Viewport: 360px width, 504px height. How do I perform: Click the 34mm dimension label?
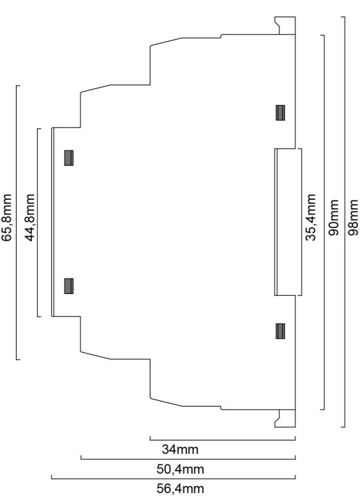coord(180,449)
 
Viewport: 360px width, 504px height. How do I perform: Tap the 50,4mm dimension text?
coord(180,469)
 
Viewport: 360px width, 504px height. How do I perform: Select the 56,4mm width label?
coord(180,489)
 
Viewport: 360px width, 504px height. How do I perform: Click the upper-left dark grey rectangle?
coord(69,158)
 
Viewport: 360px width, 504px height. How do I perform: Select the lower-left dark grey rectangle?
coord(69,286)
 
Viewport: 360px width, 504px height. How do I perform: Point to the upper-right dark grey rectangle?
coord(281,113)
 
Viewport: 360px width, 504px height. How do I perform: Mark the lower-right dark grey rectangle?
coord(281,331)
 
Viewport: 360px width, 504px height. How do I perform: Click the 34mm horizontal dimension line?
coord(222,440)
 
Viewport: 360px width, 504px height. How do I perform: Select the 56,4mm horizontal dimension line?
coord(173,478)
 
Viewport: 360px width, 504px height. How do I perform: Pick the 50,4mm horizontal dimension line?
coord(188,459)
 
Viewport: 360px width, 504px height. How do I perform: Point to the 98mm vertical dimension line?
coord(345,222)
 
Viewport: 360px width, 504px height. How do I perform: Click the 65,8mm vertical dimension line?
coord(17,222)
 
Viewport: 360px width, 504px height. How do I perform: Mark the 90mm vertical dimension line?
coord(324,222)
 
